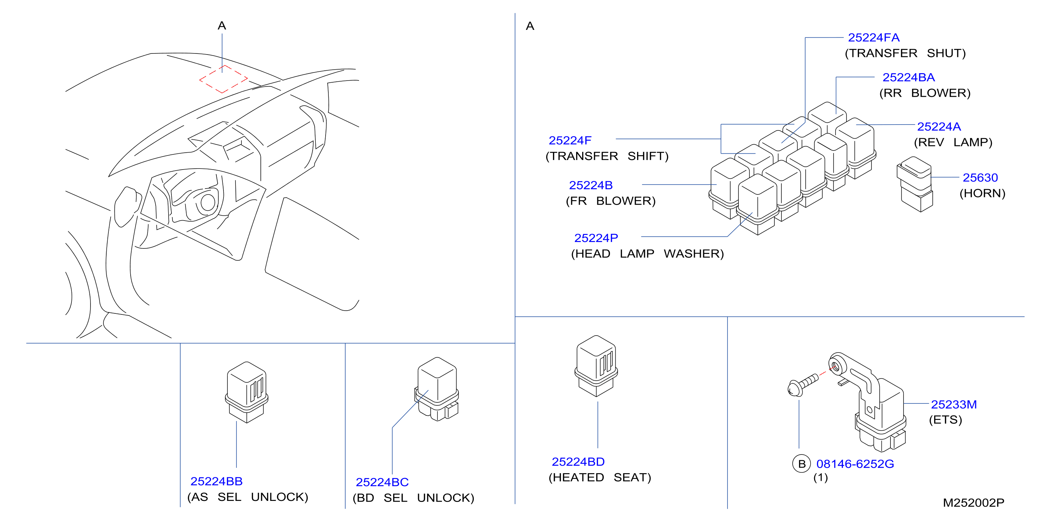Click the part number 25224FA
pyautogui.click(x=874, y=38)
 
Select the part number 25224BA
pyautogui.click(x=908, y=77)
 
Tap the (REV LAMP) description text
pyautogui.click(x=953, y=142)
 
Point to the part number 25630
pyautogui.click(x=980, y=177)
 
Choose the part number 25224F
pyautogui.click(x=569, y=140)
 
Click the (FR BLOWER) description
pyautogui.click(x=610, y=201)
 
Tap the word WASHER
pyautogui.click(x=694, y=254)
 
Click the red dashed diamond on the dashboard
pyautogui.click(x=223, y=79)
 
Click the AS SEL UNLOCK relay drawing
pyautogui.click(x=246, y=392)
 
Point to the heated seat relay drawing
pyautogui.click(x=596, y=366)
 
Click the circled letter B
pyautogui.click(x=801, y=464)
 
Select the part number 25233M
pyautogui.click(x=954, y=404)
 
